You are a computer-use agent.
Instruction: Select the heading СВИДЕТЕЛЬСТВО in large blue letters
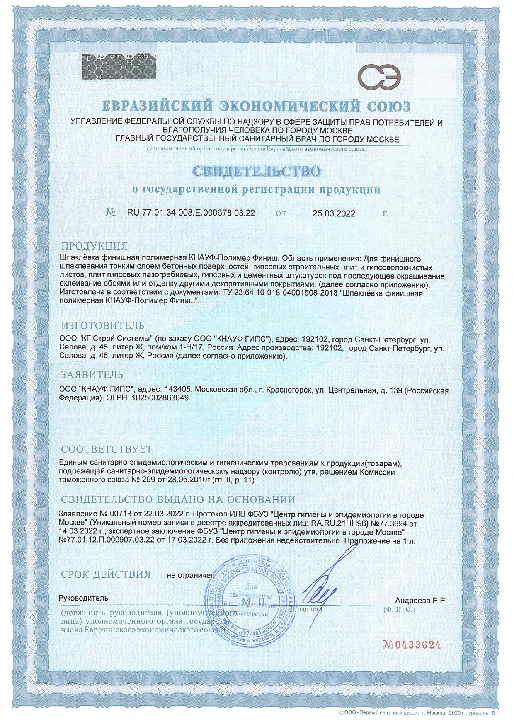click(257, 171)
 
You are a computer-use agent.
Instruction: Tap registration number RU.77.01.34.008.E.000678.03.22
click(191, 213)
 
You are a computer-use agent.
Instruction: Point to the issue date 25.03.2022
click(334, 214)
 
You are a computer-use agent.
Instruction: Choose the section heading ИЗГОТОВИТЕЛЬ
click(103, 325)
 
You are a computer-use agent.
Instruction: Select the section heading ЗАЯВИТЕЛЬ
click(92, 375)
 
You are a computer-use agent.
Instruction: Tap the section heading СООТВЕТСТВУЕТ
click(107, 449)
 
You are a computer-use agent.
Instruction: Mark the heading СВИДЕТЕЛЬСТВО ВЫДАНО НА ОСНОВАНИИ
click(178, 499)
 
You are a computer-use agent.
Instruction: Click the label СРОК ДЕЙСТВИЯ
click(106, 574)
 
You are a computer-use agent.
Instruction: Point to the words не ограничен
click(191, 575)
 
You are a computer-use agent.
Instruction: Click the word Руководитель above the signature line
click(83, 598)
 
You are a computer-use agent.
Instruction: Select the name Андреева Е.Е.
click(421, 601)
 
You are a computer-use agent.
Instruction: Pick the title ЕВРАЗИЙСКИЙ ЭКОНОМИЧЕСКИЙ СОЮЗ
click(257, 107)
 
